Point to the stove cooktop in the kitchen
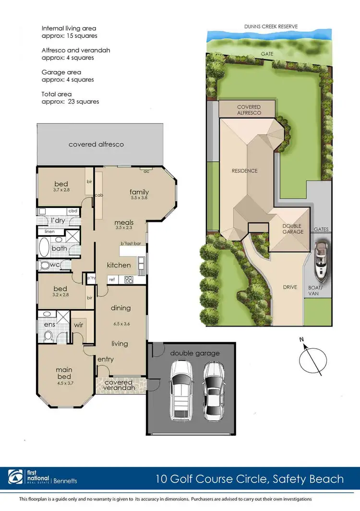click(x=129, y=279)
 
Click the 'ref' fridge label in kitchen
click(x=111, y=279)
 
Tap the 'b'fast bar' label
click(x=131, y=243)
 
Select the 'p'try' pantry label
click(x=91, y=278)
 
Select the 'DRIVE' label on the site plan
click(x=290, y=287)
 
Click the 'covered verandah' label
click(x=122, y=386)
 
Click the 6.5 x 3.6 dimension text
click(x=121, y=323)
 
